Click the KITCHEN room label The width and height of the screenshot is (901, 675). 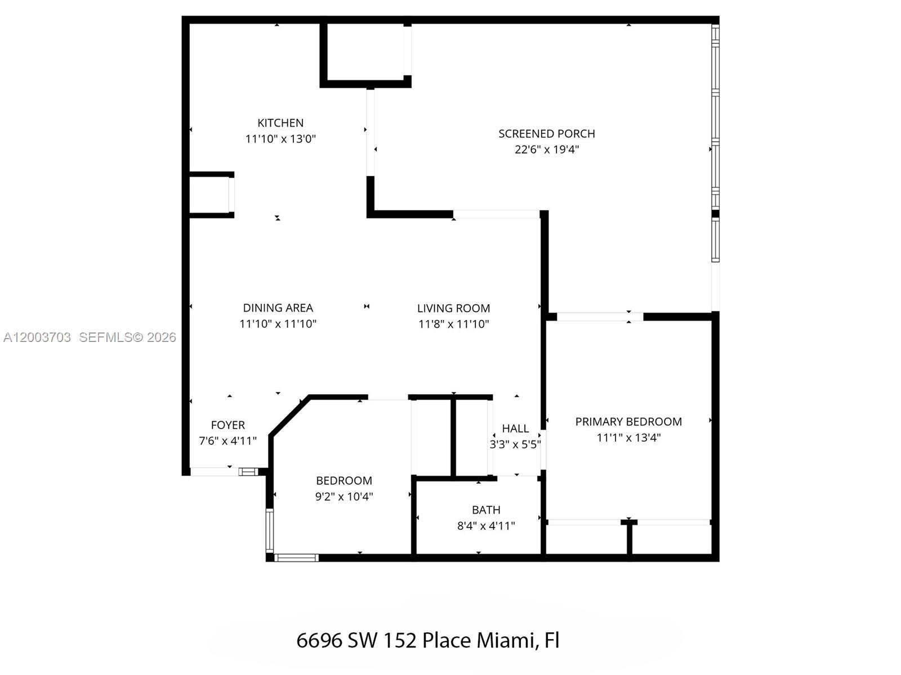pyautogui.click(x=280, y=123)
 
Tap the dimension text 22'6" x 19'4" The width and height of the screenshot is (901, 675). pyautogui.click(x=546, y=150)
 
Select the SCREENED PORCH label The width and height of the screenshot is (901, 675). pyautogui.click(x=546, y=134)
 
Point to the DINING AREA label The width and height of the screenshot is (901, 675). pyautogui.click(x=278, y=308)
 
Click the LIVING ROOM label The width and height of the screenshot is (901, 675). pyautogui.click(x=453, y=308)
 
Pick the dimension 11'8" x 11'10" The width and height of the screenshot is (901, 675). pyautogui.click(x=453, y=324)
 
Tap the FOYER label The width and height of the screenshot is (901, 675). pyautogui.click(x=228, y=425)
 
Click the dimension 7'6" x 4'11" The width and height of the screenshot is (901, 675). pyautogui.click(x=228, y=441)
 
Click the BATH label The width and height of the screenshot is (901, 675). pyautogui.click(x=486, y=510)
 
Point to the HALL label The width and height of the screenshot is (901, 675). pyautogui.click(x=515, y=429)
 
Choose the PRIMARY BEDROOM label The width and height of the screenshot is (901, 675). pyautogui.click(x=628, y=422)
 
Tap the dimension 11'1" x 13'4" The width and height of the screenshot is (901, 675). pyautogui.click(x=628, y=438)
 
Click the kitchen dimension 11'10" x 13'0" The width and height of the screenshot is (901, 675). pyautogui.click(x=280, y=139)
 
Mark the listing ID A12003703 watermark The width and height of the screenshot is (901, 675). pyautogui.click(x=37, y=337)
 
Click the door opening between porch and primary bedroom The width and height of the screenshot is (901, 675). pyautogui.click(x=600, y=317)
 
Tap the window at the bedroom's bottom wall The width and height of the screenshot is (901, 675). pyautogui.click(x=296, y=558)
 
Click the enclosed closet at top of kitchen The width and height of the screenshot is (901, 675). pyautogui.click(x=365, y=53)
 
